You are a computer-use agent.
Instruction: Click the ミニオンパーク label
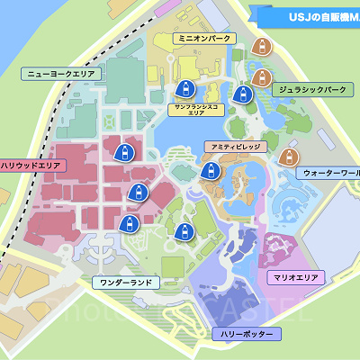[205, 39]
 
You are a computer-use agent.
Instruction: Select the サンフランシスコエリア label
[196, 110]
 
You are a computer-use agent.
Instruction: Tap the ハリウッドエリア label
[31, 166]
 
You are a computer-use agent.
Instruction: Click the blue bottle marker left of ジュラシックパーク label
[240, 94]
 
